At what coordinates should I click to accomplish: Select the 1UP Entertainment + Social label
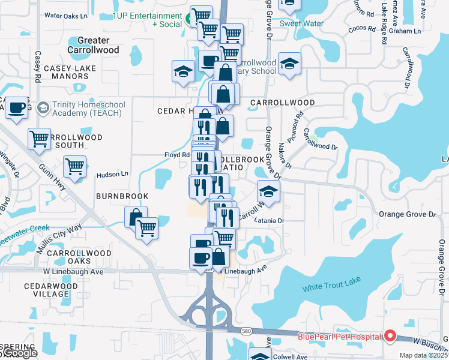tap(147, 20)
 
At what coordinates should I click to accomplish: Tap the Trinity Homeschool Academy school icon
tap(43, 108)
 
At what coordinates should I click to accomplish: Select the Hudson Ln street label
tap(113, 175)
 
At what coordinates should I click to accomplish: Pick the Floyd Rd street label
tap(177, 155)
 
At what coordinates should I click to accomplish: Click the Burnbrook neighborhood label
tap(122, 196)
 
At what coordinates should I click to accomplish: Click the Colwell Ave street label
tap(290, 357)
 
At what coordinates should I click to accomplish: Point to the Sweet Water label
tap(302, 24)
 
